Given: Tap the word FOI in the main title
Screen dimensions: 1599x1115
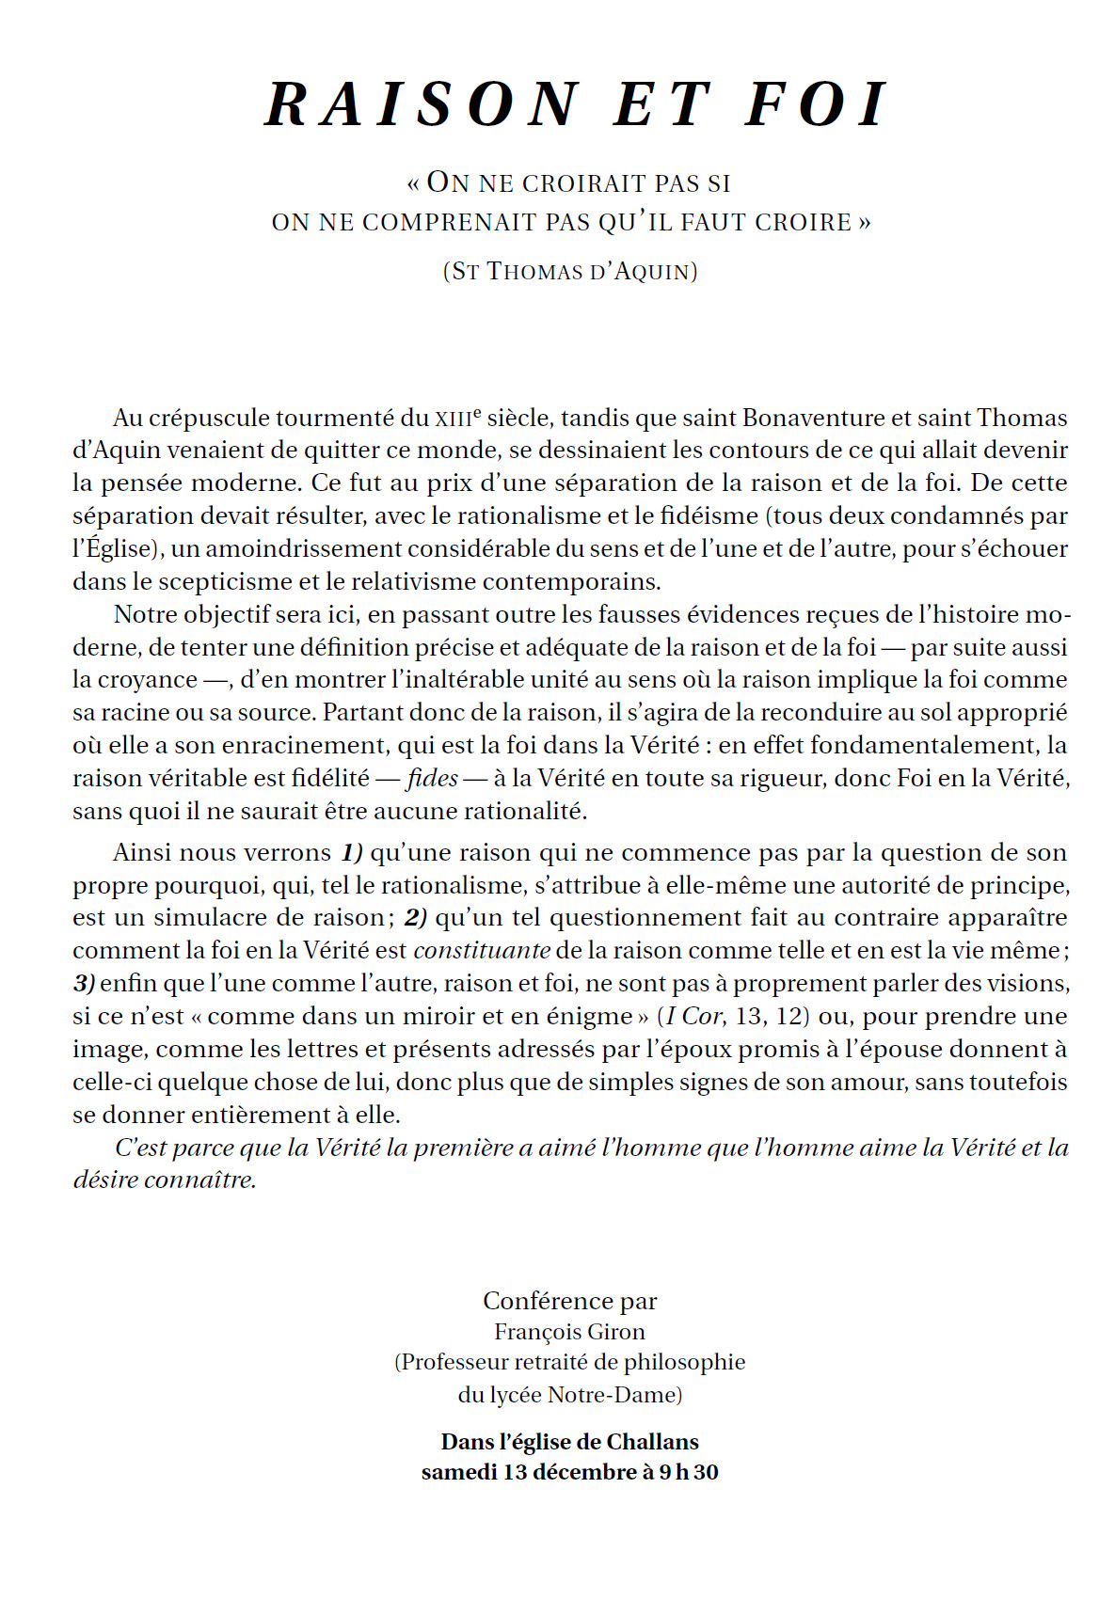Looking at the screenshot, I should click(x=816, y=104).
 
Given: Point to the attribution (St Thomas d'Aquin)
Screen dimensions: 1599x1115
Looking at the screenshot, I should click(x=570, y=272).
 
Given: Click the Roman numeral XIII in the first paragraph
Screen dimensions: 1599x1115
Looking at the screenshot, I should click(x=452, y=420).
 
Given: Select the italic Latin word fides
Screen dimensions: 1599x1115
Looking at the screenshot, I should click(x=433, y=778).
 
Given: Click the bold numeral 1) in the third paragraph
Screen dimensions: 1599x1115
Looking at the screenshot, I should click(x=352, y=853).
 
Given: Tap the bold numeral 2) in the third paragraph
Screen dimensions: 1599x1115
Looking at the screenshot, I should click(x=416, y=918).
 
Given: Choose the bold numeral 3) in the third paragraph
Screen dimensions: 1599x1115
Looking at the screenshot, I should click(x=84, y=984).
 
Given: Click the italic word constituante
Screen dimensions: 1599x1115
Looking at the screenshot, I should click(x=482, y=951).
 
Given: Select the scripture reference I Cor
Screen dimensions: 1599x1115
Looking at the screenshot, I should click(x=693, y=1017).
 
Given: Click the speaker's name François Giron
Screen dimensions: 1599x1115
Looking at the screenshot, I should click(x=569, y=1332).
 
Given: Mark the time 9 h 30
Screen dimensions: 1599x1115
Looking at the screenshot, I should click(x=688, y=1472).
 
